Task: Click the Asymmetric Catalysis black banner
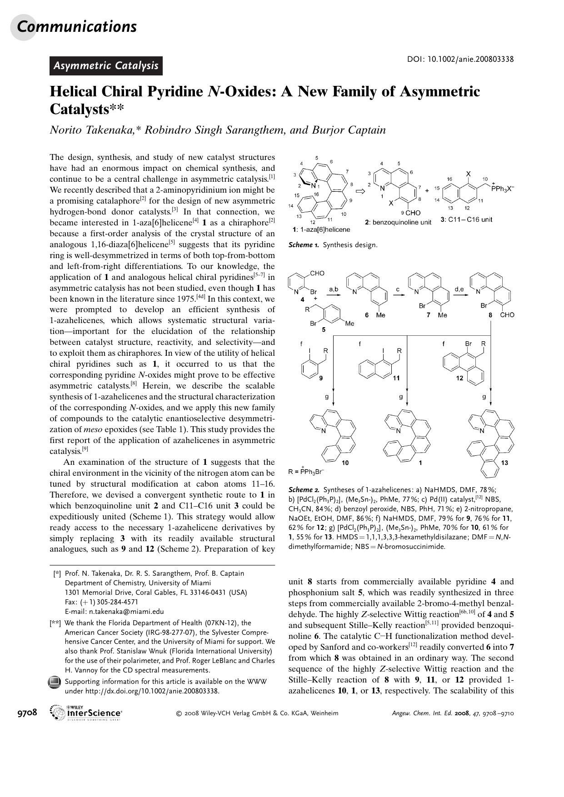point(106,66)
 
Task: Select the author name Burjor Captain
point(349,130)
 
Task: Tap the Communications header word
point(76,26)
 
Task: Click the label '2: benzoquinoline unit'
point(398,222)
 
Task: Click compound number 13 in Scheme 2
point(504,463)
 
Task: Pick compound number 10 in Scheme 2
point(345,463)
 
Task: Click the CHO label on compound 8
point(507,315)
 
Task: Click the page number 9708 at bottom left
point(27,712)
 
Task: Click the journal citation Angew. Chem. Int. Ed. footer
point(453,713)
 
